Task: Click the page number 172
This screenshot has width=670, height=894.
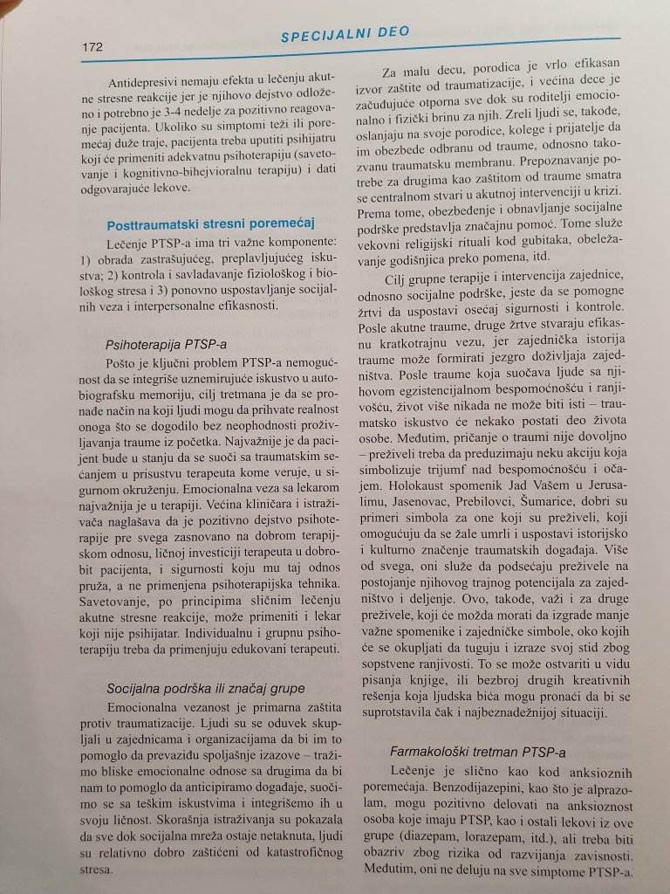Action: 92,46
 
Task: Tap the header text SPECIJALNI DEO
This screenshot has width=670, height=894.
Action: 345,33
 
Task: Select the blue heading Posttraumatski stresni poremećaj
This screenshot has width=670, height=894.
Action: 210,223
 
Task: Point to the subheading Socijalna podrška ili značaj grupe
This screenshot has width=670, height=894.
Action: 206,688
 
